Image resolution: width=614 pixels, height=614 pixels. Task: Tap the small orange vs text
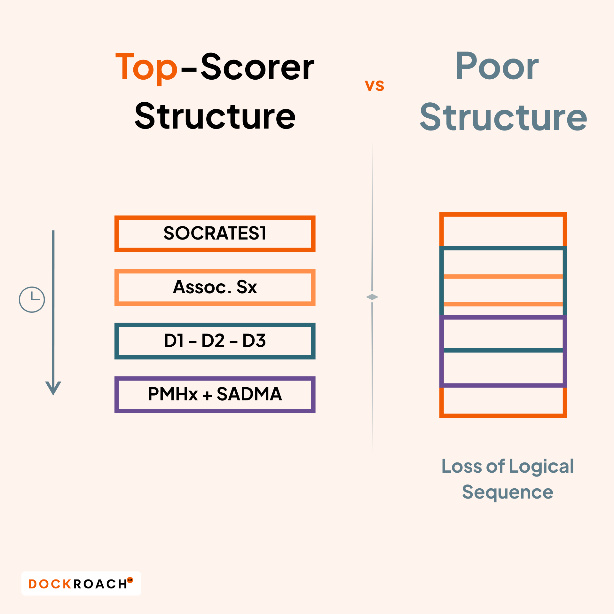click(x=374, y=85)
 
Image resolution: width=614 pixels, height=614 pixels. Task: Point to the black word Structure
click(x=215, y=116)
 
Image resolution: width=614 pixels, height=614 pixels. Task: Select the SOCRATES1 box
click(x=215, y=233)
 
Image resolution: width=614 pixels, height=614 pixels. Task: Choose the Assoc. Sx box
click(x=215, y=287)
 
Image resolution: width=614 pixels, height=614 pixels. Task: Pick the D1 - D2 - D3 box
click(x=215, y=341)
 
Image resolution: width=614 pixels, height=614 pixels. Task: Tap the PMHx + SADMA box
click(x=215, y=395)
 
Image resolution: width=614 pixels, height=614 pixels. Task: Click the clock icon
click(x=32, y=300)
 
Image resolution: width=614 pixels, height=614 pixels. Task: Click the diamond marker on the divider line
click(x=372, y=297)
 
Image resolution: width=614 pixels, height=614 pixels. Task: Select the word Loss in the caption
click(x=462, y=466)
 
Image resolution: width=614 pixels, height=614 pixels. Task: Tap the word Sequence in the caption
click(x=508, y=492)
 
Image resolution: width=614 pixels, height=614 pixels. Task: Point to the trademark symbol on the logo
click(x=130, y=580)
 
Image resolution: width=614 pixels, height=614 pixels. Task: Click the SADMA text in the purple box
click(x=249, y=394)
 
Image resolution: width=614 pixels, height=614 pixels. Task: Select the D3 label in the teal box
click(x=254, y=341)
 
